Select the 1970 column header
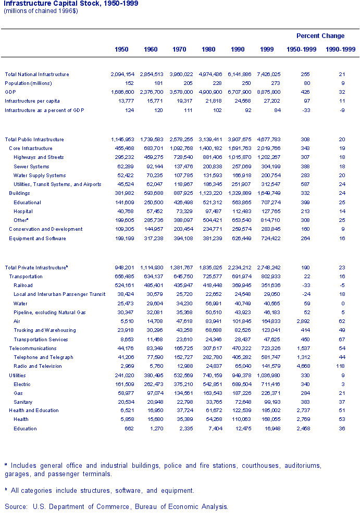point(179,49)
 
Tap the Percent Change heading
point(320,36)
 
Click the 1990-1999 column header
point(340,49)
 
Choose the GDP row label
point(10,92)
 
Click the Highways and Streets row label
point(39,157)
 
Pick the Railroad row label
point(23,285)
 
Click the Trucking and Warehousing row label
point(44,330)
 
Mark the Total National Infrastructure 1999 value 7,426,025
point(269,74)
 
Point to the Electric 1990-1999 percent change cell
point(342,384)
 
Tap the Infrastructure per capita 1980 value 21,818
point(210,101)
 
